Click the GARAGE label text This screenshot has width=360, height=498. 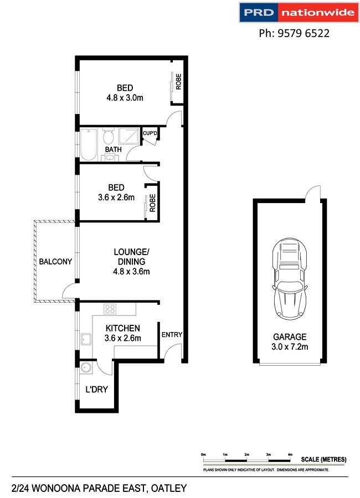click(x=289, y=336)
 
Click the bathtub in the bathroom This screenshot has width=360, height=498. click(x=89, y=145)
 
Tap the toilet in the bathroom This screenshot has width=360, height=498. click(x=109, y=136)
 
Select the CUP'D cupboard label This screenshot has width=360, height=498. click(x=151, y=134)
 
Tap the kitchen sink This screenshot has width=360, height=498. click(x=86, y=339)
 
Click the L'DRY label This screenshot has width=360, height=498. click(x=96, y=390)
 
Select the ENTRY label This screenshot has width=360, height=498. click(x=172, y=335)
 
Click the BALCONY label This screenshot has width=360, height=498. click(x=55, y=262)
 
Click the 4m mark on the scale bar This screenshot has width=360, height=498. click(x=290, y=454)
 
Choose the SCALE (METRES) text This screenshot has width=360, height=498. click(x=324, y=459)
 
